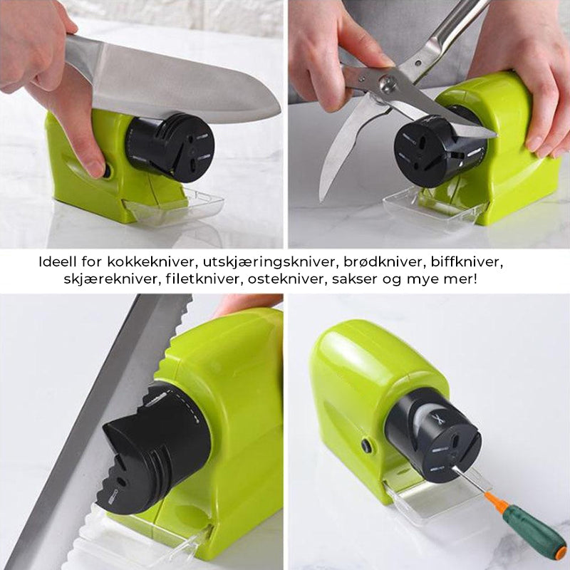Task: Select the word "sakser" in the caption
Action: (x=353, y=279)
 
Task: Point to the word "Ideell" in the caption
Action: (x=58, y=262)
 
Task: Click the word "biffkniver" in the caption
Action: (x=467, y=262)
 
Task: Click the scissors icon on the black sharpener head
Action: (x=439, y=420)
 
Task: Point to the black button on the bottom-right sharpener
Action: (x=366, y=446)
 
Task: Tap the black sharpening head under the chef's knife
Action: (x=170, y=147)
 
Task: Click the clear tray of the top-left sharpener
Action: (x=175, y=208)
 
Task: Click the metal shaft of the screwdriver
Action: (x=469, y=479)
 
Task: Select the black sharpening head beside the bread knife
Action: (x=156, y=447)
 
